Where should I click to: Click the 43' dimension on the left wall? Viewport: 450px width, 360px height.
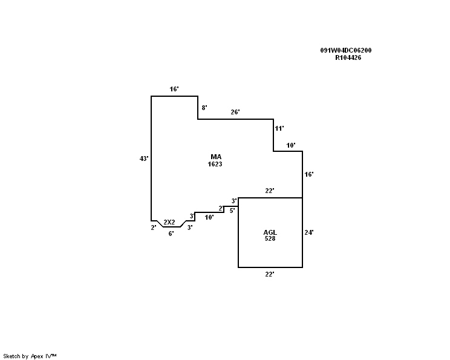point(144,159)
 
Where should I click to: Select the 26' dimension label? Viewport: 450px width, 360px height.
point(235,112)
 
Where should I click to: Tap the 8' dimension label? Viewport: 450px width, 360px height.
point(204,108)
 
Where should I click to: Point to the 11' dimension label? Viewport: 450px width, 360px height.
point(279,128)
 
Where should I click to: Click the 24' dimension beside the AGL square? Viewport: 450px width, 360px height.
point(309,232)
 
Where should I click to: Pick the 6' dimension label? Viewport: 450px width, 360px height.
point(171,233)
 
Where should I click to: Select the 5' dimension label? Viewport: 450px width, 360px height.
point(232,211)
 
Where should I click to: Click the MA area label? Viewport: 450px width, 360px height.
point(215,157)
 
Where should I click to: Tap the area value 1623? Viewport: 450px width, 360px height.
point(215,164)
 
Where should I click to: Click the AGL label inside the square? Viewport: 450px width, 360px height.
point(270,232)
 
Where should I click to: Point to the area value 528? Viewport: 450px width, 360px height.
point(270,239)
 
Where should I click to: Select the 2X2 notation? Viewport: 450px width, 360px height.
point(169,222)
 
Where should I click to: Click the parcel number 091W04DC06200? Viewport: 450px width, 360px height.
point(346,51)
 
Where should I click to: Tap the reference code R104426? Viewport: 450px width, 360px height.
point(348,58)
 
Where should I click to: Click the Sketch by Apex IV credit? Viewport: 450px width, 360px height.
point(30,356)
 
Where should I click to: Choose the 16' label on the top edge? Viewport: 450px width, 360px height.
point(174,89)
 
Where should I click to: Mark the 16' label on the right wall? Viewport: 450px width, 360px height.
point(309,174)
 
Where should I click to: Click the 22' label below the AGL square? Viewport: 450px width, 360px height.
point(270,274)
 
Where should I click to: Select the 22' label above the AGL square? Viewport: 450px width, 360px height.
point(270,191)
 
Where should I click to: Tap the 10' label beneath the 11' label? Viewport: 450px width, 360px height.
point(291,145)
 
